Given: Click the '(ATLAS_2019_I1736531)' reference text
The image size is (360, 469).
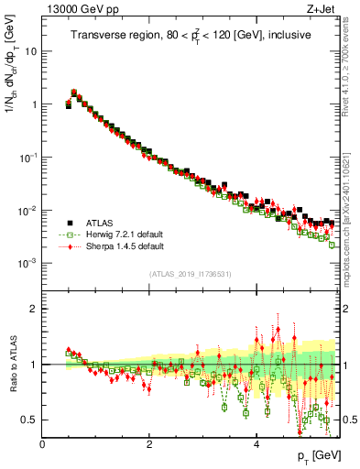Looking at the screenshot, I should pos(190,274).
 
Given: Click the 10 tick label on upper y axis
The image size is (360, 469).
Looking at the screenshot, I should pos(31,51).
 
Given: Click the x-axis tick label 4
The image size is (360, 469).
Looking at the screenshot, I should pos(256,443).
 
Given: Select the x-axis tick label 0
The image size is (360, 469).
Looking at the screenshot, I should pos(43,443).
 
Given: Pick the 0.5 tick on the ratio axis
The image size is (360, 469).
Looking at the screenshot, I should pos(30,420).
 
